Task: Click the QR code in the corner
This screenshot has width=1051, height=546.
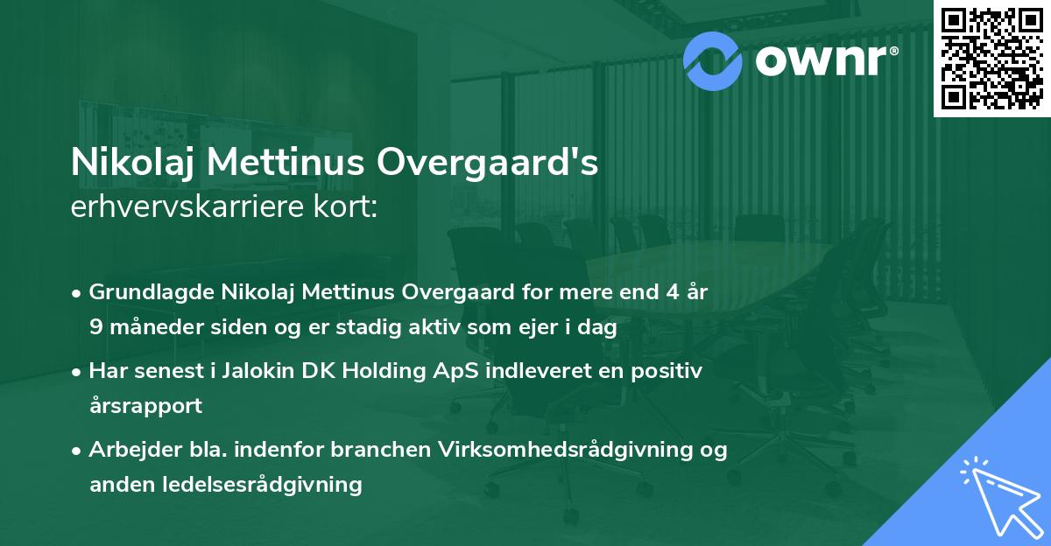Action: [x=991, y=58]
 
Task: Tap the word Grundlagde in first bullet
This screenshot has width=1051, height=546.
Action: [x=145, y=292]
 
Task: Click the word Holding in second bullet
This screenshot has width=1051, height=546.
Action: [x=390, y=371]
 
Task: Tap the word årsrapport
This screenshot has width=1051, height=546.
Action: [x=145, y=406]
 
